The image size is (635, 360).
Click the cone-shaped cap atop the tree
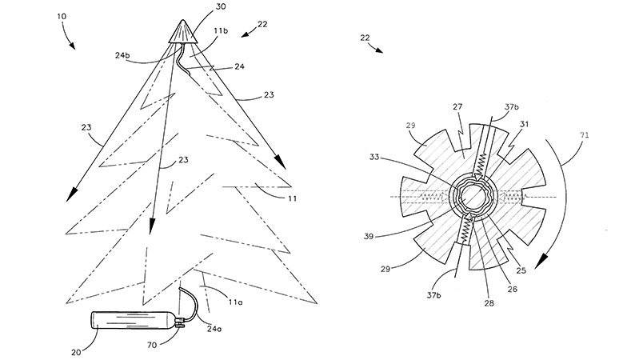(x=182, y=31)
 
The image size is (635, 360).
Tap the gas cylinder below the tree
(x=134, y=320)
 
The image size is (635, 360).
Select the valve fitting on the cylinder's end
(x=181, y=322)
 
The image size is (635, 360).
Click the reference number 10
(x=62, y=17)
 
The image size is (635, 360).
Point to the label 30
(x=221, y=7)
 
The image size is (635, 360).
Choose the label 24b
(x=122, y=56)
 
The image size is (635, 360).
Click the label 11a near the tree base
(x=235, y=302)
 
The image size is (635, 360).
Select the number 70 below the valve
(x=152, y=345)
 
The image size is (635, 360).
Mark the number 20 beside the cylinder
(x=77, y=353)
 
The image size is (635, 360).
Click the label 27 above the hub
(x=457, y=107)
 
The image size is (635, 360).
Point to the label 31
(x=524, y=124)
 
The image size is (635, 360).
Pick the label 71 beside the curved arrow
(x=584, y=135)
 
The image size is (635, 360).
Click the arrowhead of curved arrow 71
(x=541, y=262)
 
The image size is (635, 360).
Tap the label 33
(x=374, y=157)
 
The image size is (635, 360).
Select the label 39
(x=369, y=236)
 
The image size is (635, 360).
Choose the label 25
(x=521, y=270)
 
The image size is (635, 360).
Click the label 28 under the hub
(x=489, y=303)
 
